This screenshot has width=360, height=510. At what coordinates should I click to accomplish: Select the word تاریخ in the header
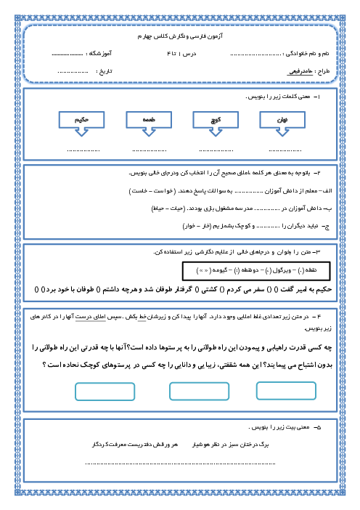[110, 70]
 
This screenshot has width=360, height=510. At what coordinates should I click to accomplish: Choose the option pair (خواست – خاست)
[151, 190]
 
